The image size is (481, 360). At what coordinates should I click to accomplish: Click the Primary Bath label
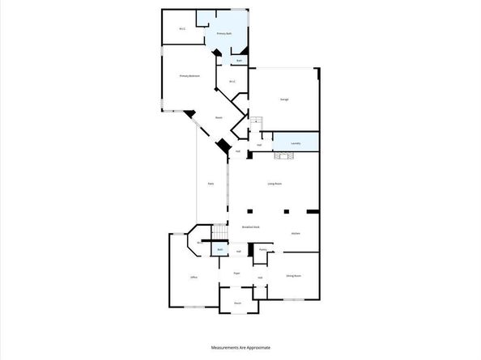click(x=224, y=34)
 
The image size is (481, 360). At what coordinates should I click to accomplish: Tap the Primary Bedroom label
click(x=189, y=76)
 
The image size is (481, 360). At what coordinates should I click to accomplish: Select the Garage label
click(x=285, y=100)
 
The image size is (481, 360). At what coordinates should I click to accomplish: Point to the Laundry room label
click(x=296, y=143)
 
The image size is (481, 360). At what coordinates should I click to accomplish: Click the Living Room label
click(x=275, y=184)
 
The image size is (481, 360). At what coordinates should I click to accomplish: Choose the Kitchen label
click(x=296, y=233)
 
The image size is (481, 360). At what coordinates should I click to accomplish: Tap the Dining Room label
click(x=293, y=276)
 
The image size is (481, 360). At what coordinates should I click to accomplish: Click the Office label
click(x=194, y=277)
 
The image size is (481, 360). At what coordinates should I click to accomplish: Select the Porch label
click(x=238, y=303)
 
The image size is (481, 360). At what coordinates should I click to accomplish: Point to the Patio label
click(x=211, y=184)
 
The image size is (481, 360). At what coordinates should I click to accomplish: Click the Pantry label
click(x=263, y=250)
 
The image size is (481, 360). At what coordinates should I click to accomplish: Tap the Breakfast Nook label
click(x=251, y=227)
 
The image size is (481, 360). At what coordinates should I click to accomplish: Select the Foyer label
click(x=237, y=273)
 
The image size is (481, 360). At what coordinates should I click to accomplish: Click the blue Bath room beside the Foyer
click(x=220, y=250)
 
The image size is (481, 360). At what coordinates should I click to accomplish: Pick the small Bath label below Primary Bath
click(x=239, y=61)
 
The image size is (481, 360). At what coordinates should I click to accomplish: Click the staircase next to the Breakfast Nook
click(x=218, y=232)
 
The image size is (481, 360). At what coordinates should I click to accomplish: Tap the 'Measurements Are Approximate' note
click(x=240, y=346)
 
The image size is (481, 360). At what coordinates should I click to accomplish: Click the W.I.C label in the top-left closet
click(x=182, y=29)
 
